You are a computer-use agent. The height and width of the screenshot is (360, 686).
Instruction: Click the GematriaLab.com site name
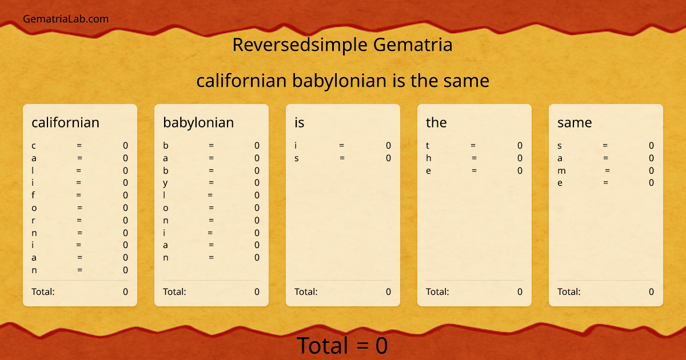pos(66,19)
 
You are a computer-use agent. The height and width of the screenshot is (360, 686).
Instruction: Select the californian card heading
pos(65,122)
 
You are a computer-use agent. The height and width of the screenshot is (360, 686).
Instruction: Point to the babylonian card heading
pos(198,122)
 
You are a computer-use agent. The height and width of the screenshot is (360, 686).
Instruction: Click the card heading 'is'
pos(300,122)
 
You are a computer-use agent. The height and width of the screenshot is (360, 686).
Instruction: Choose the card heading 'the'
pos(436,122)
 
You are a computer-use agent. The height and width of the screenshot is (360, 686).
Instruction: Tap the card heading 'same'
pos(575,122)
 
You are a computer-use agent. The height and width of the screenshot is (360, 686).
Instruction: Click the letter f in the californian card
pos(34,195)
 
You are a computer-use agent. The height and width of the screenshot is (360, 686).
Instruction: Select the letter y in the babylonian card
pos(165,183)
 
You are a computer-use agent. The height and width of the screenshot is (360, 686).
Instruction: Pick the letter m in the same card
pos(561,170)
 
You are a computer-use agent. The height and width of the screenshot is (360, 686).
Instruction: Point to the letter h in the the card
pos(429,158)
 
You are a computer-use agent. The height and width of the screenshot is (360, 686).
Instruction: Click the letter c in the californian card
pos(34,146)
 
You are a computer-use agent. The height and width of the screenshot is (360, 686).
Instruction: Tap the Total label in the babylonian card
pos(174,291)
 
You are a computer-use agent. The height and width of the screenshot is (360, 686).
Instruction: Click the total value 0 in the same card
pos(651,291)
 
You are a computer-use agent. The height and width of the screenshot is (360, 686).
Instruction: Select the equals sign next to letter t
pos(473,146)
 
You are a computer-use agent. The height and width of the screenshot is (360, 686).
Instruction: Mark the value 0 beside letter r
pos(125,220)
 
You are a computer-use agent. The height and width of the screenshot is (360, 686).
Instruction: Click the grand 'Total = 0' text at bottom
pos(342,346)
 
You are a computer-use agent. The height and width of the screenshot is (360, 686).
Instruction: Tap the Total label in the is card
pos(306,291)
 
